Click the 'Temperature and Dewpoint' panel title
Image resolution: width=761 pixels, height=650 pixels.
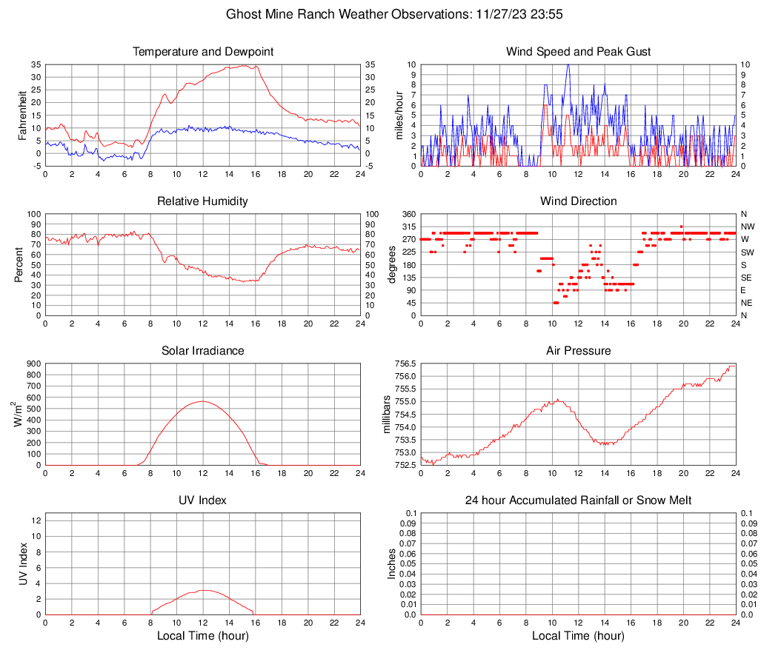point(202,52)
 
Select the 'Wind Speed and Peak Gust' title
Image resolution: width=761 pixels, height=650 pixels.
point(578,52)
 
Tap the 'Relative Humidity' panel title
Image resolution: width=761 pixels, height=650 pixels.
point(202,201)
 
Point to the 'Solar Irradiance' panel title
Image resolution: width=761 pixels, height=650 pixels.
point(202,351)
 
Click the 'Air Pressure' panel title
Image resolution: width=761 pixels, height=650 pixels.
point(578,351)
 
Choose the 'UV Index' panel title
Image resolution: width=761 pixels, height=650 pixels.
point(202,500)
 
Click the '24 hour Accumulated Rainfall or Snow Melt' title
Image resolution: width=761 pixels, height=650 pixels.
point(578,500)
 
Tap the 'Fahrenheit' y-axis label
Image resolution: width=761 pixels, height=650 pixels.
point(21,115)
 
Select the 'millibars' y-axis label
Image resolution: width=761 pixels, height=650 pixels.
point(385,415)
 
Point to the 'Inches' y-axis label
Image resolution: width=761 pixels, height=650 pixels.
point(392,564)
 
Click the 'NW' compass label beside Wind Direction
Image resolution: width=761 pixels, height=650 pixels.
point(747,227)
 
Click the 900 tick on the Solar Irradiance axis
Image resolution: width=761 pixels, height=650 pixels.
point(33,364)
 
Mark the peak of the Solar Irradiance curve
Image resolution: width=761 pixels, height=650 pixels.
point(202,401)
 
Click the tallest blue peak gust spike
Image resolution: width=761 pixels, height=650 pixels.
point(568,65)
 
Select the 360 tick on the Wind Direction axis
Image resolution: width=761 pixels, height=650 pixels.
point(407,215)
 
